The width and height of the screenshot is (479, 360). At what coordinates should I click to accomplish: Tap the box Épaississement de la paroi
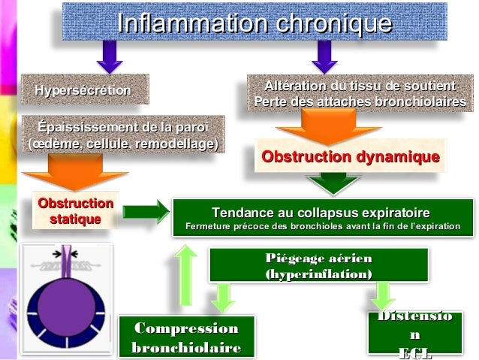pyautogui.click(x=124, y=133)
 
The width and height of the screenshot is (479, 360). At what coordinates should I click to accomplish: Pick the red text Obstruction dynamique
pyautogui.click(x=349, y=157)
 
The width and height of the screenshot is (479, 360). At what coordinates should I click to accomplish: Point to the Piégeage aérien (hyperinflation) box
pyautogui.click(x=318, y=266)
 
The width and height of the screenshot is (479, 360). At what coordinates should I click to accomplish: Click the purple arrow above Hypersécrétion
pyautogui.click(x=110, y=57)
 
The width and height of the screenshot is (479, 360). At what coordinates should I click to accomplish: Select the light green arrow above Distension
pyautogui.click(x=384, y=295)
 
